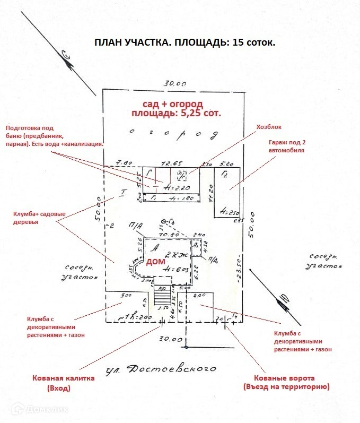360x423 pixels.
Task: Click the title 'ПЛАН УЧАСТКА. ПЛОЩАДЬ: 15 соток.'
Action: [185, 43]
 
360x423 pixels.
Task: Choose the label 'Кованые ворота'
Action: [287, 378]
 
